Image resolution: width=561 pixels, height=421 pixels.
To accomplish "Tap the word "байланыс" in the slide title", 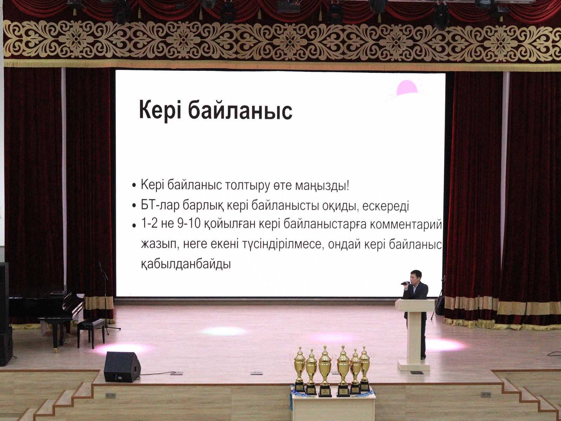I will click(x=240, y=110).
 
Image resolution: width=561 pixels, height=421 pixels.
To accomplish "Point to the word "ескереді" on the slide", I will click(x=385, y=206).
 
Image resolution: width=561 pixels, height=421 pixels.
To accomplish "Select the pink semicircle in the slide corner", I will click(x=407, y=88).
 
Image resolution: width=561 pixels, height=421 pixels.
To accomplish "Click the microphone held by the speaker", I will click(x=405, y=283).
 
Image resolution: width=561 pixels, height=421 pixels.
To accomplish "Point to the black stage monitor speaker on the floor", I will click(x=122, y=367).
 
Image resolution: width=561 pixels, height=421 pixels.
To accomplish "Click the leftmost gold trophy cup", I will click(x=299, y=368).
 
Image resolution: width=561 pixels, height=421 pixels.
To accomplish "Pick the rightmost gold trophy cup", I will click(x=365, y=368).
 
